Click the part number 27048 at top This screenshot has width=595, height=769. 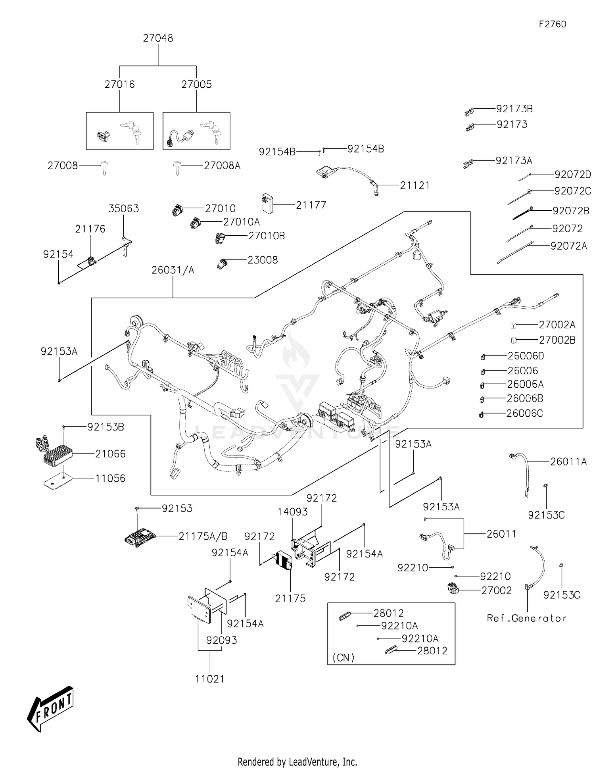158,38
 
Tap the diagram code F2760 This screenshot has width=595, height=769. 552,24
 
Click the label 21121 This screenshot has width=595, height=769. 415,185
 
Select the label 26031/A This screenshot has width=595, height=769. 173,270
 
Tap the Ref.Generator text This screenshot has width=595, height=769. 526,618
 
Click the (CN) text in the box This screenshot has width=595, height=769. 343,658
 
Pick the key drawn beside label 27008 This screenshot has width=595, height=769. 104,167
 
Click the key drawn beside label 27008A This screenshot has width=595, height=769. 176,168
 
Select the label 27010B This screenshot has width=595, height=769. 267,236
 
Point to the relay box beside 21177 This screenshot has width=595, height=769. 267,204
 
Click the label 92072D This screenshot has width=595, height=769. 572,174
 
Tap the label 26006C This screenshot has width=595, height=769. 524,413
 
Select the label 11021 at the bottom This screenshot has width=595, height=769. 210,679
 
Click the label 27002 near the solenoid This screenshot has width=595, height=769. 496,590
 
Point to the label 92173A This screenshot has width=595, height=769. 514,161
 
